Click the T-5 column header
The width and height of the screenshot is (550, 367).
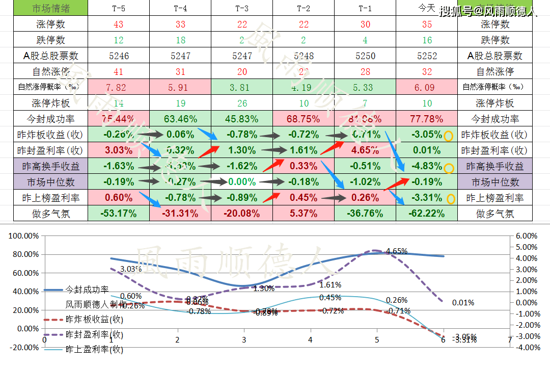pyautogui.click(x=119, y=9)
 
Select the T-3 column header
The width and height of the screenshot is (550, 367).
pyautogui.click(x=242, y=9)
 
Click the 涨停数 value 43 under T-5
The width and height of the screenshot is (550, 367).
pyautogui.click(x=119, y=24)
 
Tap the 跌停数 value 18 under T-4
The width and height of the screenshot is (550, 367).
pyautogui.click(x=180, y=40)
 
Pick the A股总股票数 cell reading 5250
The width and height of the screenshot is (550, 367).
pyautogui.click(x=365, y=56)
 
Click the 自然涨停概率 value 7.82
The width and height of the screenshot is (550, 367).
pyautogui.click(x=119, y=88)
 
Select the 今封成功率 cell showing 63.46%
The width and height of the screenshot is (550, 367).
pyautogui.click(x=180, y=119)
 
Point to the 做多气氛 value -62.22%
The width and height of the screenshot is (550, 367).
pyautogui.click(x=427, y=214)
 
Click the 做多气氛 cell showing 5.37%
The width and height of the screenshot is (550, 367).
pyautogui.click(x=304, y=214)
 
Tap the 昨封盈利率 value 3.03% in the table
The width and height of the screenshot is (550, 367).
pyautogui.click(x=119, y=151)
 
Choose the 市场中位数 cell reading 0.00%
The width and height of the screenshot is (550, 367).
pyautogui.click(x=242, y=182)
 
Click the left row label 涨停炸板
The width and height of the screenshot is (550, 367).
pyautogui.click(x=44, y=103)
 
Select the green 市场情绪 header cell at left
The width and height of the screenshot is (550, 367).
pyautogui.click(x=44, y=9)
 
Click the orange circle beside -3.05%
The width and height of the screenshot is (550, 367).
pyautogui.click(x=448, y=136)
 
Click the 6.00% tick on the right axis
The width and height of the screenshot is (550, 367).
pyautogui.click(x=526, y=237)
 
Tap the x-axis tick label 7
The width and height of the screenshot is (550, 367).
pyautogui.click(x=510, y=339)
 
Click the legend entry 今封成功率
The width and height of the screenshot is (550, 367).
pyautogui.click(x=87, y=290)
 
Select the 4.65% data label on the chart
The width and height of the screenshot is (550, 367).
pyautogui.click(x=397, y=251)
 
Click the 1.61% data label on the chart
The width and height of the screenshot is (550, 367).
pyautogui.click(x=331, y=285)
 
